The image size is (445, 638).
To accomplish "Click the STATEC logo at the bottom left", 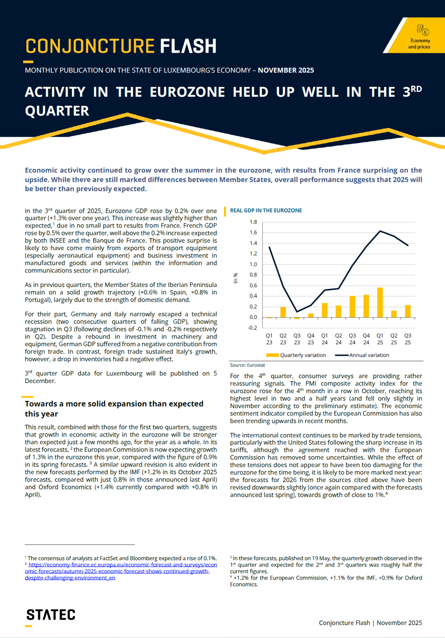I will click(x=51, y=615).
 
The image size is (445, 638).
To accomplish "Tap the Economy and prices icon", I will click(x=423, y=30).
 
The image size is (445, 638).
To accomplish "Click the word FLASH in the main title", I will click(x=188, y=46).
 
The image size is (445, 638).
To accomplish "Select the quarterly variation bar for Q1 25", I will click(x=380, y=302).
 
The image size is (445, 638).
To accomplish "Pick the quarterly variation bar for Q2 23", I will click(x=283, y=312).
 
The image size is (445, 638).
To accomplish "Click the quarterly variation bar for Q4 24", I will click(x=366, y=306).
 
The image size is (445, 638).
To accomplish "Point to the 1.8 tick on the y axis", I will click(x=253, y=222).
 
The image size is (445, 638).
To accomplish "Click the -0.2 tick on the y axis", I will click(x=252, y=328).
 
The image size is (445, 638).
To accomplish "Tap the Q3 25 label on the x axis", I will click(x=407, y=339).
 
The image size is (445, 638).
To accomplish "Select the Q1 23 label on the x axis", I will click(x=269, y=339).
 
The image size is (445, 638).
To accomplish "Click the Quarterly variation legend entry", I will click(x=296, y=355).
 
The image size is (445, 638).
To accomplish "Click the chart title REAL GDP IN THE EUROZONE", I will click(x=266, y=210).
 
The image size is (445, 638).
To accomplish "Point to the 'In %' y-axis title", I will click(x=236, y=278).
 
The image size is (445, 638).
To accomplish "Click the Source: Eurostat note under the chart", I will click(x=248, y=365).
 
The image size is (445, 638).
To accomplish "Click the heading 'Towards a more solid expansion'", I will click(x=114, y=404).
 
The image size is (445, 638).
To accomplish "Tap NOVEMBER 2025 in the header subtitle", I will click(x=286, y=70).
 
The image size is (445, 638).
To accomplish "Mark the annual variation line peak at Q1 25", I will click(x=380, y=231).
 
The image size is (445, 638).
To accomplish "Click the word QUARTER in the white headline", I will click(x=57, y=111).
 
